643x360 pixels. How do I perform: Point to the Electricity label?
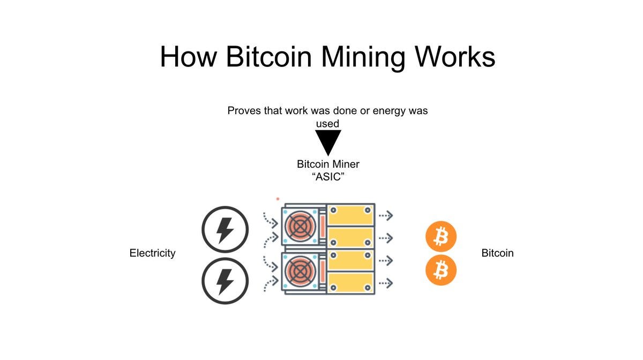pos(152,253)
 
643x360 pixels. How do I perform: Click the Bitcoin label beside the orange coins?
pos(497,253)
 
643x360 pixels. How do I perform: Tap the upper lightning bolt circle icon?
pos(225,230)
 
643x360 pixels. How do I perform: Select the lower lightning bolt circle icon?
pos(225,281)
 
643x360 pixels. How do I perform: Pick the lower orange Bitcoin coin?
pos(441,270)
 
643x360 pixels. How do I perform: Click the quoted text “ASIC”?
pos(327,177)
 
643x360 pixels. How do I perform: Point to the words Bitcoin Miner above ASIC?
pos(328,164)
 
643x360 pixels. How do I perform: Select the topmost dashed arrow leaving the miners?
pos(386,215)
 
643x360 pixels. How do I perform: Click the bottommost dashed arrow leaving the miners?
pos(386,282)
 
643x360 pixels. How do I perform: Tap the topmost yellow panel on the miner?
pos(350,215)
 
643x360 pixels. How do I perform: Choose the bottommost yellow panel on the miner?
pos(350,282)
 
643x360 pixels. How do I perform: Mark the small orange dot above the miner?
pos(278,199)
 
